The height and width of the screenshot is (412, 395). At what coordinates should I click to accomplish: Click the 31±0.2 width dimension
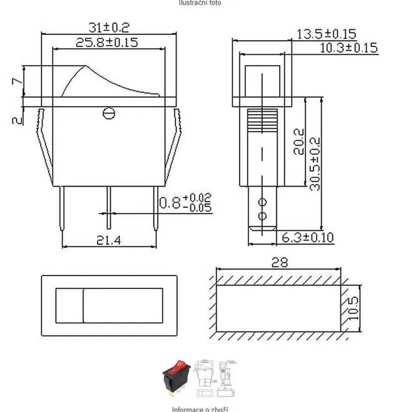coord(109,27)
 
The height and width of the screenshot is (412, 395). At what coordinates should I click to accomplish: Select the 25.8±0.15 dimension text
coord(107,43)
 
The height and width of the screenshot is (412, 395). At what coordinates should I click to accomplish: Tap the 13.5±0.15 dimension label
coord(335,34)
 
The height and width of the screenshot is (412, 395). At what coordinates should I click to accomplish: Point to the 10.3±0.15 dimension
coord(348,47)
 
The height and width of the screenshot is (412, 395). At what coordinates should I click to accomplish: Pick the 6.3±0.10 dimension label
coord(307,237)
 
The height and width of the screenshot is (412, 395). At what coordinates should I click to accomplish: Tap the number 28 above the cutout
coord(280,263)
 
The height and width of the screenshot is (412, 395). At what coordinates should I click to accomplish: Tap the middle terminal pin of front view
coord(109,204)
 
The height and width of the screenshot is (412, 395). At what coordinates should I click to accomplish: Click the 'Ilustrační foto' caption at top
coord(199,3)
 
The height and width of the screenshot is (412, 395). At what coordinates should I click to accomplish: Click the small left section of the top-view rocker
coord(69,305)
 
